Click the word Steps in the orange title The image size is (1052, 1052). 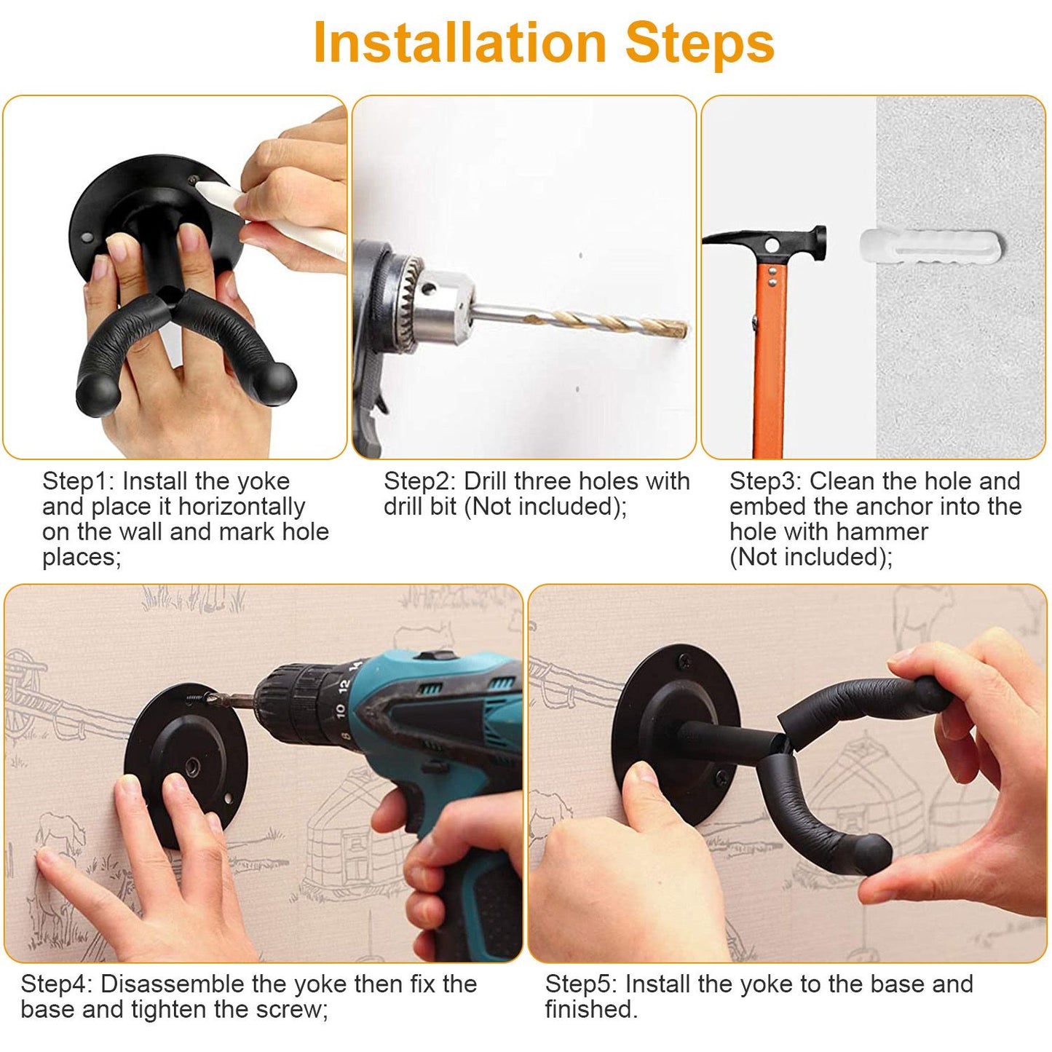point(700,44)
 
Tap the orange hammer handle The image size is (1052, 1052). point(770,364)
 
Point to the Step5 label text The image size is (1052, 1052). point(580,984)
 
